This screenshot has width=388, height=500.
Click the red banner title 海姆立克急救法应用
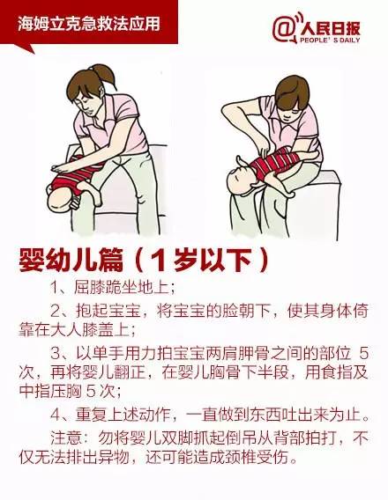[88, 25]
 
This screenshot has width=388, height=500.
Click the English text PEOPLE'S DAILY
[330, 40]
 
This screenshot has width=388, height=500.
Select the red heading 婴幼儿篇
[71, 261]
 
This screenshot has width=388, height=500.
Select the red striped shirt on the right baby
[272, 162]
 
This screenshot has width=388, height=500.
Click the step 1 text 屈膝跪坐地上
[124, 287]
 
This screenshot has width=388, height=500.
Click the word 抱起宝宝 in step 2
[108, 311]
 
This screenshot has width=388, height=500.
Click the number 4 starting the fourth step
[55, 416]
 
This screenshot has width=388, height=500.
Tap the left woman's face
[87, 104]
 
